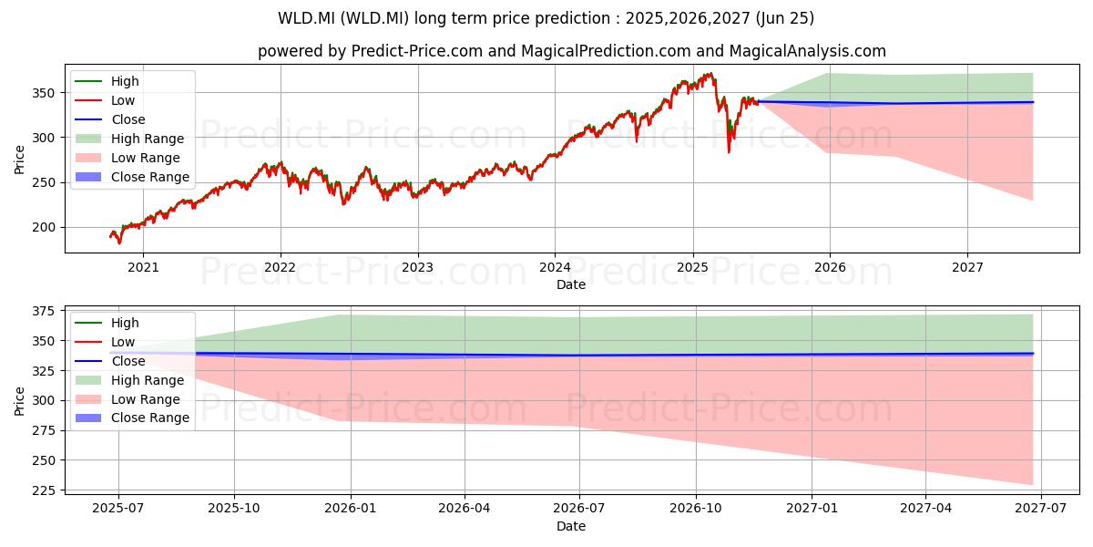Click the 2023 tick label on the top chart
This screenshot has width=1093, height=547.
[418, 268]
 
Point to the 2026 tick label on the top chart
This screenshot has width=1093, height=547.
[830, 268]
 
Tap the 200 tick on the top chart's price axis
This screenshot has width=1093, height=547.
[44, 228]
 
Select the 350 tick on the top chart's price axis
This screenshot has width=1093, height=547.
[44, 93]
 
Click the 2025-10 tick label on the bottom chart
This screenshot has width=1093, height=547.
[234, 509]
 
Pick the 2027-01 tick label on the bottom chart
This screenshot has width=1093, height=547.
[812, 509]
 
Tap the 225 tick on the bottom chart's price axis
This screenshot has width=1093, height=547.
[44, 490]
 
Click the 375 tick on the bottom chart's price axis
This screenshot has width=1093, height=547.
[44, 311]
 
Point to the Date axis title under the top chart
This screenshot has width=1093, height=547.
[571, 284]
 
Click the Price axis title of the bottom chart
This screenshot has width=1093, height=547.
[19, 401]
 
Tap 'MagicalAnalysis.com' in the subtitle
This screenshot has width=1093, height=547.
[808, 51]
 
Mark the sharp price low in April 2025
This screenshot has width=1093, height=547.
[729, 152]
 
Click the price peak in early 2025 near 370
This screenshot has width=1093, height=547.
[711, 73]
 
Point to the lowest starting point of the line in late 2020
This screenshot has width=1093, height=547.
[119, 243]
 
